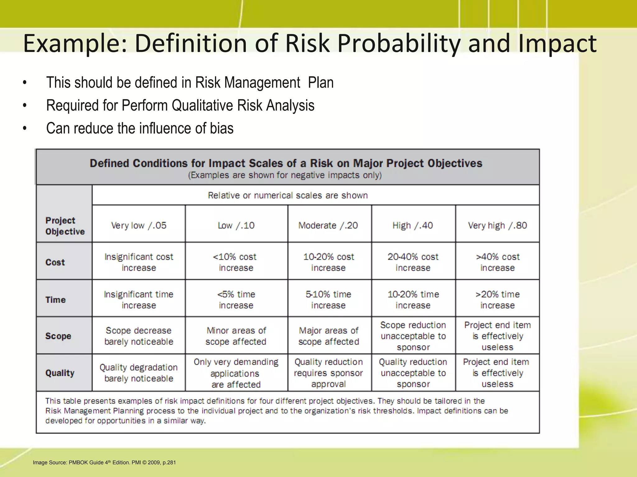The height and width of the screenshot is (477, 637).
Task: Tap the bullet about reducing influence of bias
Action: (x=140, y=128)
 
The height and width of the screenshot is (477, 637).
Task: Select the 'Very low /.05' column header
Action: (x=139, y=225)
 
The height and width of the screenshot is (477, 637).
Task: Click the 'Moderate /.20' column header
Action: (x=328, y=225)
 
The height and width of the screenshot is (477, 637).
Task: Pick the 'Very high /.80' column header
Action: (x=497, y=225)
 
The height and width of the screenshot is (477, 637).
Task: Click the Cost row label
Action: (x=55, y=262)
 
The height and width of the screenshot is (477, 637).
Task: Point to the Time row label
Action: (x=56, y=300)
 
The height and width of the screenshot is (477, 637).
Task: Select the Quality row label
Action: (x=60, y=373)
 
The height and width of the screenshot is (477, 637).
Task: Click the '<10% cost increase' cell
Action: (x=236, y=262)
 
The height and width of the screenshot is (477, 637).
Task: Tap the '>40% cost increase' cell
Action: (x=497, y=262)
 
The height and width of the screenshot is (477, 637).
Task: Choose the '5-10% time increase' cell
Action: (x=328, y=300)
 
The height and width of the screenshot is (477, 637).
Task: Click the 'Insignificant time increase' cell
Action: (x=139, y=300)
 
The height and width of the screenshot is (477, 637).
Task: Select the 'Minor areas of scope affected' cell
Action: (x=236, y=336)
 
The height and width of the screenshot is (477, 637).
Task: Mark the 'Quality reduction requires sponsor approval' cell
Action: (x=328, y=373)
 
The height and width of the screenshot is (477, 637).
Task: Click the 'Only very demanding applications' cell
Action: (x=236, y=373)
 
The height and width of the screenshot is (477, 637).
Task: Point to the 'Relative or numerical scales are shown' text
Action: (x=288, y=195)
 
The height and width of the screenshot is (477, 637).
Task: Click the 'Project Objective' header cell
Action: (x=65, y=226)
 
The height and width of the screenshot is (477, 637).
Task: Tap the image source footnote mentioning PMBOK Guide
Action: (x=104, y=462)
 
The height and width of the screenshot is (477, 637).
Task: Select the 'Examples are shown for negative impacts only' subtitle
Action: (x=285, y=175)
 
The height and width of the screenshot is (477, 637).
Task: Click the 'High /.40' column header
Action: (x=413, y=225)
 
